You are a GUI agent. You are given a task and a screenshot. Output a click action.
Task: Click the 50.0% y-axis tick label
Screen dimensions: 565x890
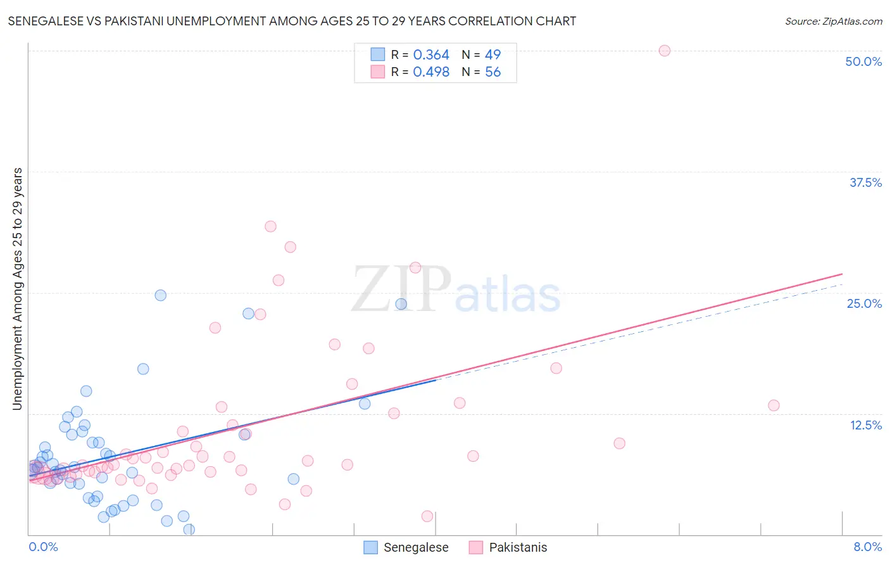(x=863, y=61)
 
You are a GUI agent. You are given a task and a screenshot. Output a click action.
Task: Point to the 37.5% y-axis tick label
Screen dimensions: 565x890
(x=865, y=182)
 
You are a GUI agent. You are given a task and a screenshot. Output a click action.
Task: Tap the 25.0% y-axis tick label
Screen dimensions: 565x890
(x=863, y=303)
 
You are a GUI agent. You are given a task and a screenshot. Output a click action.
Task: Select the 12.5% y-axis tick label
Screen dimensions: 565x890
(x=865, y=425)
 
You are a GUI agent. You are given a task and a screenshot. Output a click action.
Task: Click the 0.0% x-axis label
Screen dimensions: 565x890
(x=43, y=547)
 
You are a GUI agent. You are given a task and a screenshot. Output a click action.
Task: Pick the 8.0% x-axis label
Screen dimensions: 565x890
(x=867, y=547)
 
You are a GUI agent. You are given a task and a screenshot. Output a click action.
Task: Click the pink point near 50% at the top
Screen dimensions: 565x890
(x=664, y=51)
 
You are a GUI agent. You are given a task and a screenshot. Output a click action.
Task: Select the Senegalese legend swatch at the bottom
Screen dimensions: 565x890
(x=371, y=547)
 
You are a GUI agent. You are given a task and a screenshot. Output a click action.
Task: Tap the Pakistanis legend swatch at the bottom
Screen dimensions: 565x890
(x=476, y=547)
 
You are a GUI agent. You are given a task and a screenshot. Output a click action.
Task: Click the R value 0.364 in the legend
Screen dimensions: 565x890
(x=430, y=55)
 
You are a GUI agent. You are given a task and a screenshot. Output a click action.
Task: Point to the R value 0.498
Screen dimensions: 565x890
(x=430, y=72)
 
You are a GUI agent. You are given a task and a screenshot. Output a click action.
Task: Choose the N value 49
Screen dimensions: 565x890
(x=492, y=55)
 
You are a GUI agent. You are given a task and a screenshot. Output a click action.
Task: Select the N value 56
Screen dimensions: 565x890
(x=492, y=72)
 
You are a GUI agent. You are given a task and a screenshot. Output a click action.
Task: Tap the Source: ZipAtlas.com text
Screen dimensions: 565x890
(x=833, y=22)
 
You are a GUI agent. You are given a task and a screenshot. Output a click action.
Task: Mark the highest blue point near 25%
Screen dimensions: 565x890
(x=160, y=295)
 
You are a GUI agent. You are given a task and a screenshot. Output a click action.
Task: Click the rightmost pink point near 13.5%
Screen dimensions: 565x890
(x=773, y=405)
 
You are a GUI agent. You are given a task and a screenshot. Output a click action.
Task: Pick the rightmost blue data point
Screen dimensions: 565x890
(x=401, y=304)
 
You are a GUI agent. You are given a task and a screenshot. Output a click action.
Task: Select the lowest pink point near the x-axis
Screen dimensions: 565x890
(x=427, y=516)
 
